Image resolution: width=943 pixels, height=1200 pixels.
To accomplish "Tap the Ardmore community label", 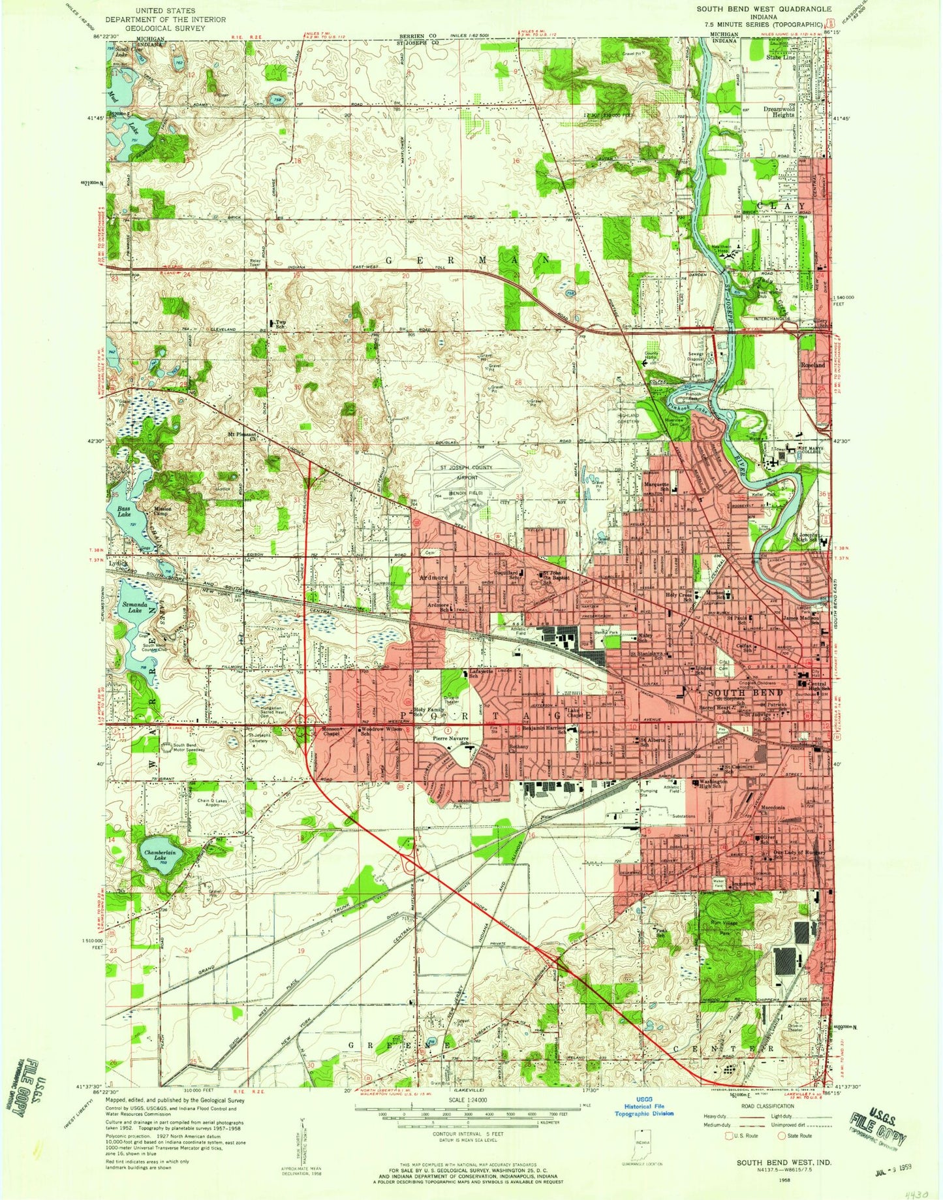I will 433,578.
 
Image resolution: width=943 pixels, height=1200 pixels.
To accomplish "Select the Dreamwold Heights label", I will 779,111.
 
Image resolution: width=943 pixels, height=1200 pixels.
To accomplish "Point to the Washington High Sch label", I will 713,784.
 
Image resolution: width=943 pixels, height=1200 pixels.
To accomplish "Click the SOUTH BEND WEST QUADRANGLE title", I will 754,9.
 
